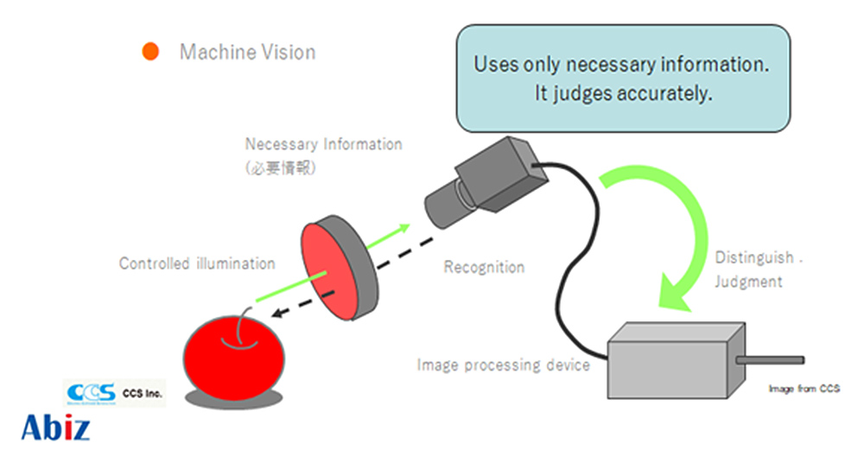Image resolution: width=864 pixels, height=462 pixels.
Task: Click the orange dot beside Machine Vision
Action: click(x=150, y=52)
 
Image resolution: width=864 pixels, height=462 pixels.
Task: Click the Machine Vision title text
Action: click(x=247, y=52)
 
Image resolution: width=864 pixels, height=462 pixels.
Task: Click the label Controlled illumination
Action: click(x=197, y=263)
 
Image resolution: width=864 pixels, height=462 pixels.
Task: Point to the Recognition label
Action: click(x=484, y=267)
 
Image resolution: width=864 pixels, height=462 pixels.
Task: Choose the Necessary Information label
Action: click(x=323, y=144)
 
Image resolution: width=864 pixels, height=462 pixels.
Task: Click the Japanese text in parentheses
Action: click(x=281, y=168)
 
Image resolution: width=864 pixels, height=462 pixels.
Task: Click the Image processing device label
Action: click(x=503, y=364)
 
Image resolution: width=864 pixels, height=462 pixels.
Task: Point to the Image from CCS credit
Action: click(x=804, y=389)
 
